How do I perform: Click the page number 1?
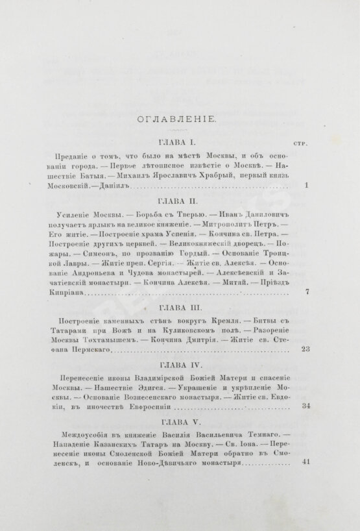(306, 186)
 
